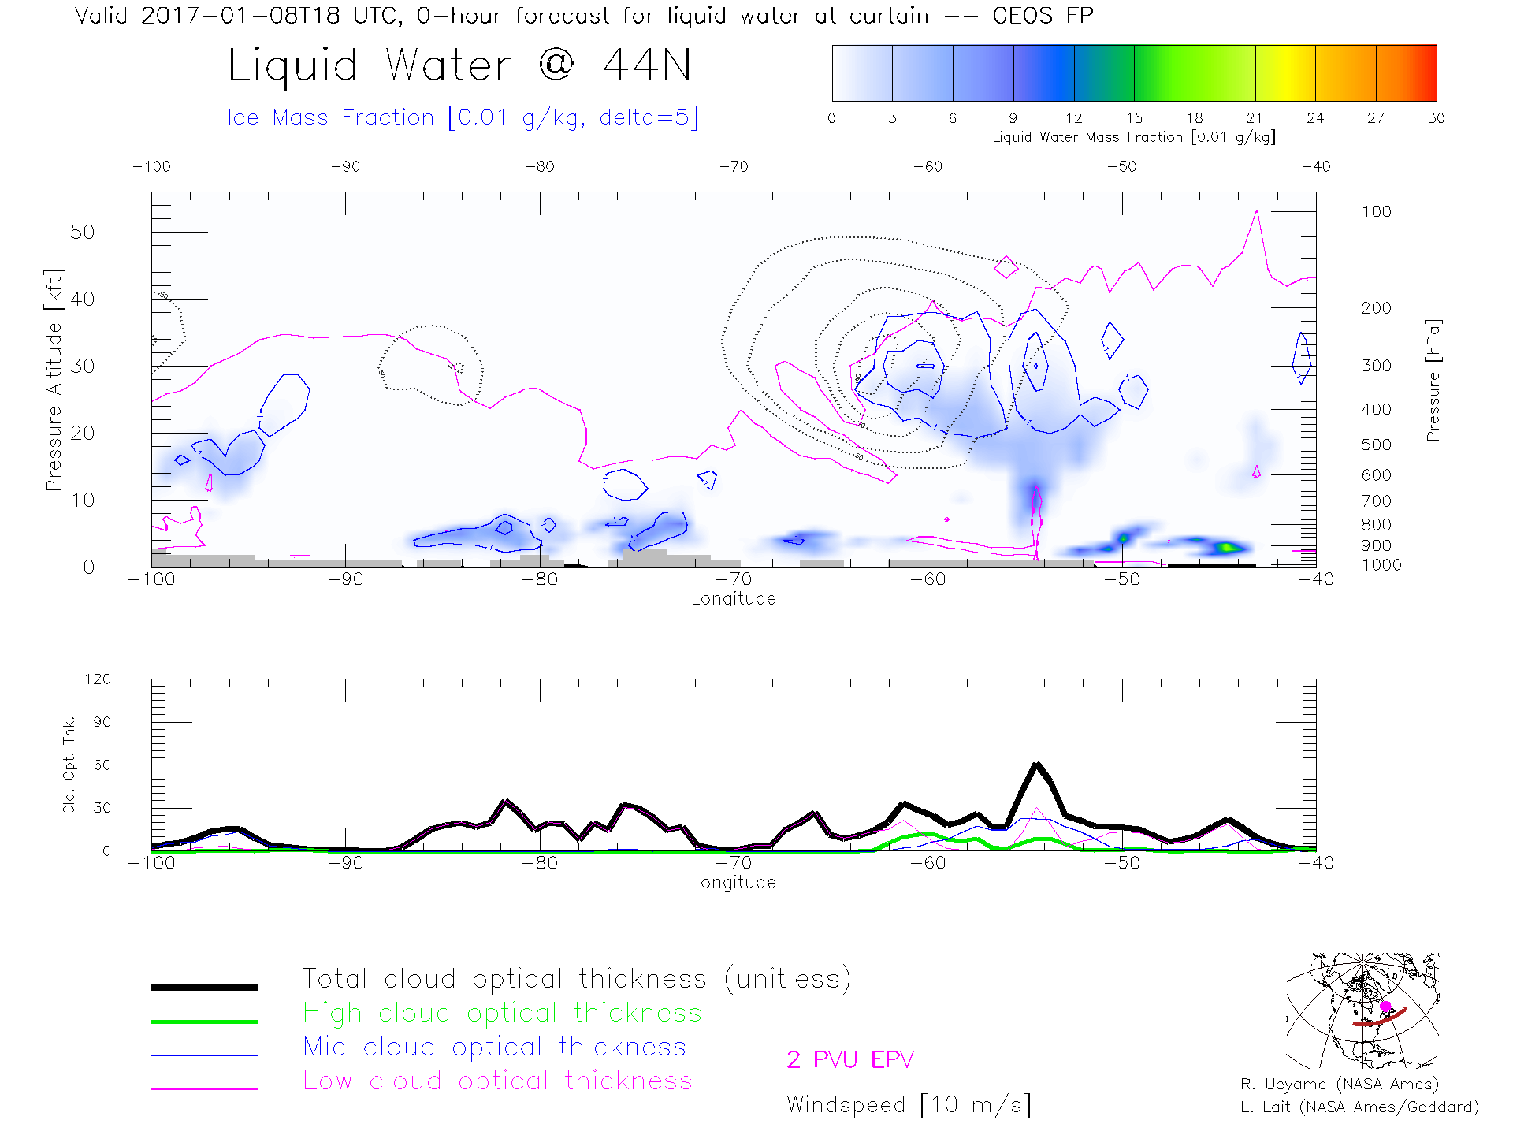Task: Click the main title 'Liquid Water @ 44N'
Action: (x=459, y=65)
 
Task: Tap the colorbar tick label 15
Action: (x=1134, y=118)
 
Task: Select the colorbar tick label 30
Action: (x=1436, y=118)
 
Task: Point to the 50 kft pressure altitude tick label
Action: (x=82, y=233)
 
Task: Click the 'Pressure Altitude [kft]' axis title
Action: (x=54, y=380)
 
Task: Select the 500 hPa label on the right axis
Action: (x=1376, y=445)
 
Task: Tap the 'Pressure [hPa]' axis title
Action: (x=1433, y=380)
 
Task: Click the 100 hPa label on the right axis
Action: (x=1376, y=212)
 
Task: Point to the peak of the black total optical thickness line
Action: (x=1037, y=764)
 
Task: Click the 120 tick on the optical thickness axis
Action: (x=98, y=679)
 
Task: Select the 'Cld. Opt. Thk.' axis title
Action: (x=69, y=765)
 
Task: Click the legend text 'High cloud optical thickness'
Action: (x=502, y=1013)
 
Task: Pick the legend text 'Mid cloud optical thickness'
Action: (x=494, y=1047)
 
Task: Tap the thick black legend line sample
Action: (x=204, y=987)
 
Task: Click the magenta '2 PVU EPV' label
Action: (x=850, y=1060)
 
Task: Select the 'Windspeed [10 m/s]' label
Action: (x=909, y=1105)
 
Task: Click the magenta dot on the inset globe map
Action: (x=1385, y=1007)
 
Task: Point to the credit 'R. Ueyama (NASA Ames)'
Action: (x=1340, y=1085)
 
